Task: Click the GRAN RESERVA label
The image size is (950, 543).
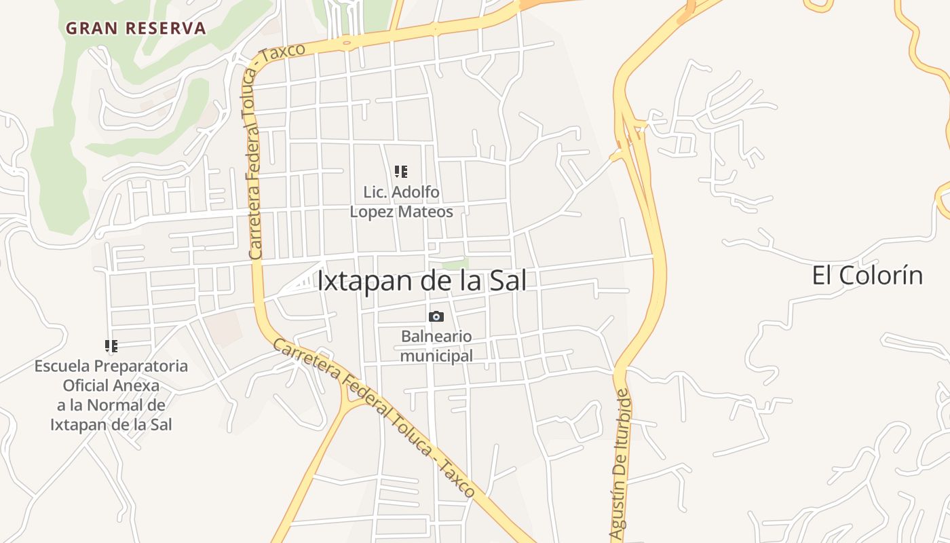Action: pos(136,29)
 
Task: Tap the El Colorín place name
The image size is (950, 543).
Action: pos(867,276)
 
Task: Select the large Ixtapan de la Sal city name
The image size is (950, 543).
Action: pos(421,281)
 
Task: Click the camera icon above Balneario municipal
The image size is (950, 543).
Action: pos(436,316)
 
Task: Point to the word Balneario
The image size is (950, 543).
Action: pos(436,336)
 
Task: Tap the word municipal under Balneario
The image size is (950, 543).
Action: pos(436,356)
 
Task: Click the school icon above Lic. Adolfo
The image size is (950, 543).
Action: pos(401,172)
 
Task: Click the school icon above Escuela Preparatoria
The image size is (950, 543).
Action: pos(111,346)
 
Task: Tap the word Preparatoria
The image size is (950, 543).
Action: pos(141,367)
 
